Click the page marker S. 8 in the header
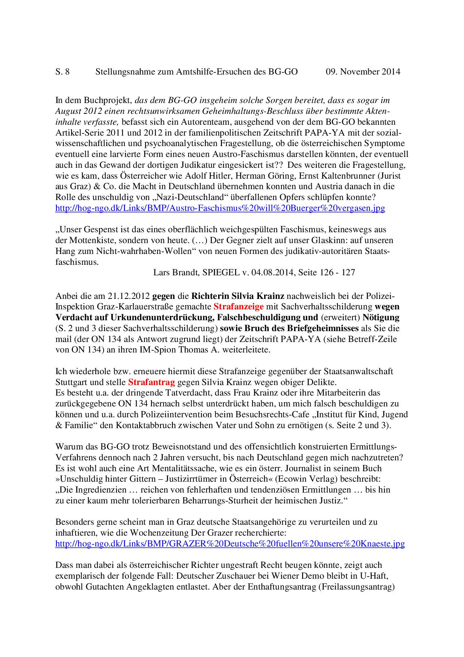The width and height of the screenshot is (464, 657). coord(62,72)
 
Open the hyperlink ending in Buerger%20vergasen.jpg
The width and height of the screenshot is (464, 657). coord(220,208)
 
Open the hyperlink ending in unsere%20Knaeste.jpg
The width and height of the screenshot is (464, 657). coord(230,544)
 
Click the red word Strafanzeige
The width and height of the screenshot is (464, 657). coord(238,307)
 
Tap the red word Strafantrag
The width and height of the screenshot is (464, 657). coord(151,382)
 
